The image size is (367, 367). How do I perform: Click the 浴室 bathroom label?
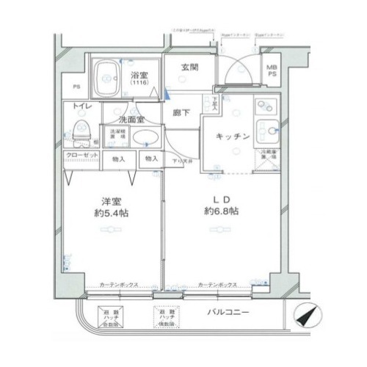point(140,75)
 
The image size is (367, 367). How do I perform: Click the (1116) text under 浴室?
point(139,84)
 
